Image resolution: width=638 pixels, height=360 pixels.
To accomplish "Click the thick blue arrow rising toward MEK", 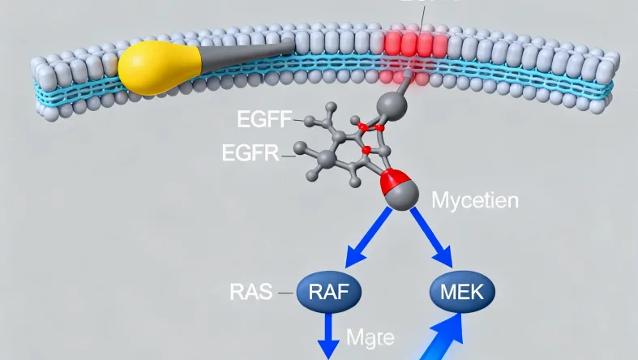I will pyautogui.click(x=442, y=336).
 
